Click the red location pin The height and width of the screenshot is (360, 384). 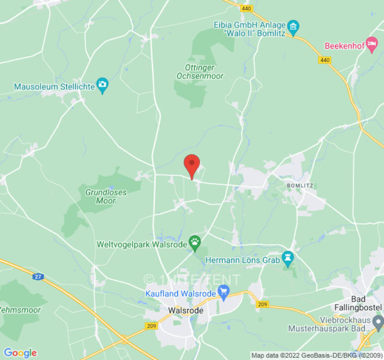(192, 165)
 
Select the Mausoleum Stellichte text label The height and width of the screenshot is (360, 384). (54, 86)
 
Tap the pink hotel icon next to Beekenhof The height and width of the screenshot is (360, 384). (371, 45)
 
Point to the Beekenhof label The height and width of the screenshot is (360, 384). (343, 45)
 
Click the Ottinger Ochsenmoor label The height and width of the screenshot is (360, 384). (200, 72)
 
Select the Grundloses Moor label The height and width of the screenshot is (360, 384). (106, 196)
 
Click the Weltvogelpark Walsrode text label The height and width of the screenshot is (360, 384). (141, 245)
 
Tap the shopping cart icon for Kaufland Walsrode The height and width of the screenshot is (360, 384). (224, 293)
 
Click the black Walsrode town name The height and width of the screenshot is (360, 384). (185, 310)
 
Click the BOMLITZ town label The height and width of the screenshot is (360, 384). (299, 185)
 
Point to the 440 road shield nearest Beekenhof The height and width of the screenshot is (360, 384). (324, 60)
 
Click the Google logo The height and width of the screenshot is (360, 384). (20, 353)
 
